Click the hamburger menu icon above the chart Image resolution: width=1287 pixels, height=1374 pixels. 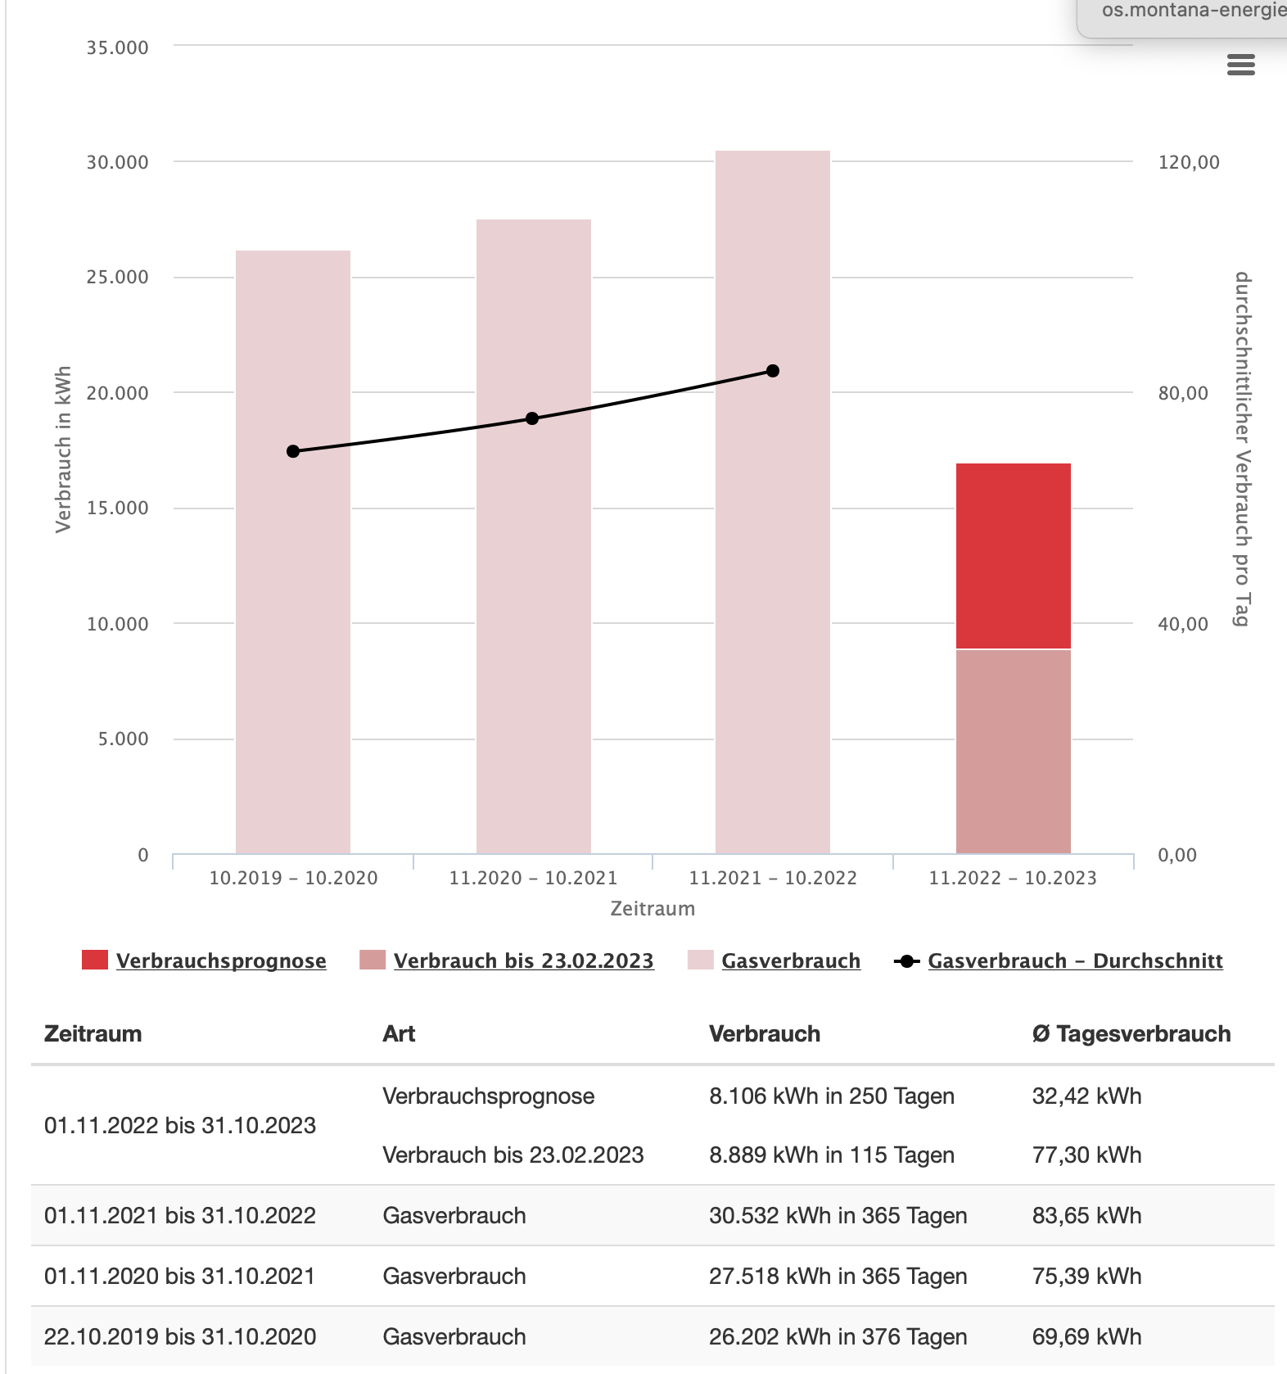(1241, 65)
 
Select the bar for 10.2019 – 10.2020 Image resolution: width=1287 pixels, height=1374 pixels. (293, 552)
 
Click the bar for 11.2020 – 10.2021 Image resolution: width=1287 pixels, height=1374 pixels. (534, 536)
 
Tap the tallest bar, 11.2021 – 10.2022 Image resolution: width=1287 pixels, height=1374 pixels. (773, 502)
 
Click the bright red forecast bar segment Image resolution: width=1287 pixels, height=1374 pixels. (1014, 556)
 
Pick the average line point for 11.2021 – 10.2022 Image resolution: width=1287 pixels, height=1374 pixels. (773, 371)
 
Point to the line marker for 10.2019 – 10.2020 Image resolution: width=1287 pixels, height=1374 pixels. (293, 451)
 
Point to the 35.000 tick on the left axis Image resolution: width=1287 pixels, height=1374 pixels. (118, 47)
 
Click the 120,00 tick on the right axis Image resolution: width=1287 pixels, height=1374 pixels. (1189, 162)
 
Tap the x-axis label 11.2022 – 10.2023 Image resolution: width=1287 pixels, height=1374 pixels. (1013, 878)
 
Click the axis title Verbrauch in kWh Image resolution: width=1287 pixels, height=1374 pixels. (64, 450)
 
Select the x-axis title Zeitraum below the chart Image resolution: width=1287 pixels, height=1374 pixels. (653, 908)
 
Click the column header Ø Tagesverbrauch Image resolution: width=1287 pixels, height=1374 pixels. (1131, 1033)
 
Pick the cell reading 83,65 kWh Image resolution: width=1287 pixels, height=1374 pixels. (1086, 1215)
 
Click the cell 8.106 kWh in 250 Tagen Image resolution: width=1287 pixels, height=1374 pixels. (832, 1096)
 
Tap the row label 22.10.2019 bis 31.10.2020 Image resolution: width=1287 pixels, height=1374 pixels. (180, 1336)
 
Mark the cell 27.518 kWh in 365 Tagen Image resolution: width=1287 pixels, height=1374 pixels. (838, 1276)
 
